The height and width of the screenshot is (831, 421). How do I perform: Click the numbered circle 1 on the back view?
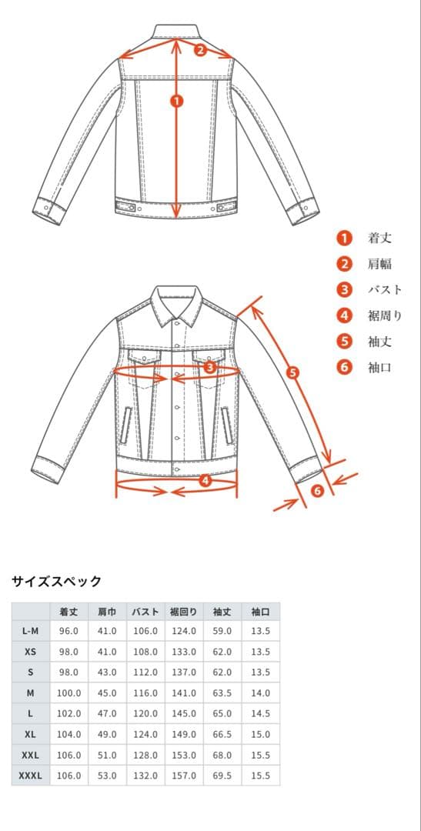pos(177,101)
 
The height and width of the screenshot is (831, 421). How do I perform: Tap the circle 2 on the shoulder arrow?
pos(200,50)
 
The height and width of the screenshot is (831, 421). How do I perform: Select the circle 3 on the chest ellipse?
pos(211,367)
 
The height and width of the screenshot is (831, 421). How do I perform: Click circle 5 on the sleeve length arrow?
pos(292,372)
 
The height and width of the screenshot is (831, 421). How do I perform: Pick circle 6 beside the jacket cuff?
pos(317,491)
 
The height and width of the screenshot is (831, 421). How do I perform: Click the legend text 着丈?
pos(379,239)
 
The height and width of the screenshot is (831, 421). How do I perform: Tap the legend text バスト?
pos(385,290)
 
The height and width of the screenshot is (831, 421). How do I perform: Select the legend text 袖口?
pos(379,367)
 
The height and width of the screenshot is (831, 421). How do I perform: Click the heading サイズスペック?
pos(56,582)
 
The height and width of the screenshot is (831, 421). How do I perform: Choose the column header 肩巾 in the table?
pos(107,612)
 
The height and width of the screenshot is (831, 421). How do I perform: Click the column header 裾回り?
pos(183,612)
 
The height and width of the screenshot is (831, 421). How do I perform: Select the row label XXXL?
pos(30,776)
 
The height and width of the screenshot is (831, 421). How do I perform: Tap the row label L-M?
pos(30,631)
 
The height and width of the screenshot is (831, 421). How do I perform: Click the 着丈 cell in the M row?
pos(69,693)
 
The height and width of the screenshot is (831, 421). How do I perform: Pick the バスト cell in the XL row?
pos(145,735)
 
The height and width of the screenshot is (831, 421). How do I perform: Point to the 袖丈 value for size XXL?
pos(222,756)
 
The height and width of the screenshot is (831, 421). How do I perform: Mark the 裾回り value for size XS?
pos(183,652)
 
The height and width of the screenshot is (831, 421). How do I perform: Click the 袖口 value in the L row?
pos(261,714)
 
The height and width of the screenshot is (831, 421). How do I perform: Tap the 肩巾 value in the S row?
pos(107,672)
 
